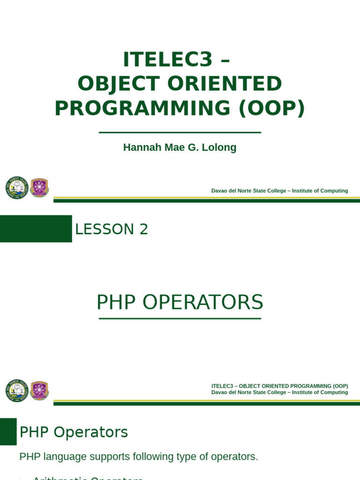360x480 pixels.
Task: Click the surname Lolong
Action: tap(220, 147)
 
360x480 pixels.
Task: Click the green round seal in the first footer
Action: tap(17, 187)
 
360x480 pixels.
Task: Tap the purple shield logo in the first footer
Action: tap(39, 187)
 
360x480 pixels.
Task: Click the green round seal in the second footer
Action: tap(17, 390)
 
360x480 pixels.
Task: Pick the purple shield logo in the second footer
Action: tap(39, 390)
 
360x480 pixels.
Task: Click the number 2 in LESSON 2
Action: tap(143, 229)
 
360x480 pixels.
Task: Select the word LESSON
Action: tap(105, 229)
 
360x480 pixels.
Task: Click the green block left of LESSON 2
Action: tap(36, 229)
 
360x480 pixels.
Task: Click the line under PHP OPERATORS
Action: tap(180, 319)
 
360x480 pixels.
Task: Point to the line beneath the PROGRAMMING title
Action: tap(180, 133)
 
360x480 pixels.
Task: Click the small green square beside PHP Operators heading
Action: tap(8, 431)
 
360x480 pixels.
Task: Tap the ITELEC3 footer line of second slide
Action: tap(279, 386)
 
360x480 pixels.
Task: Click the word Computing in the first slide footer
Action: tap(332, 191)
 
